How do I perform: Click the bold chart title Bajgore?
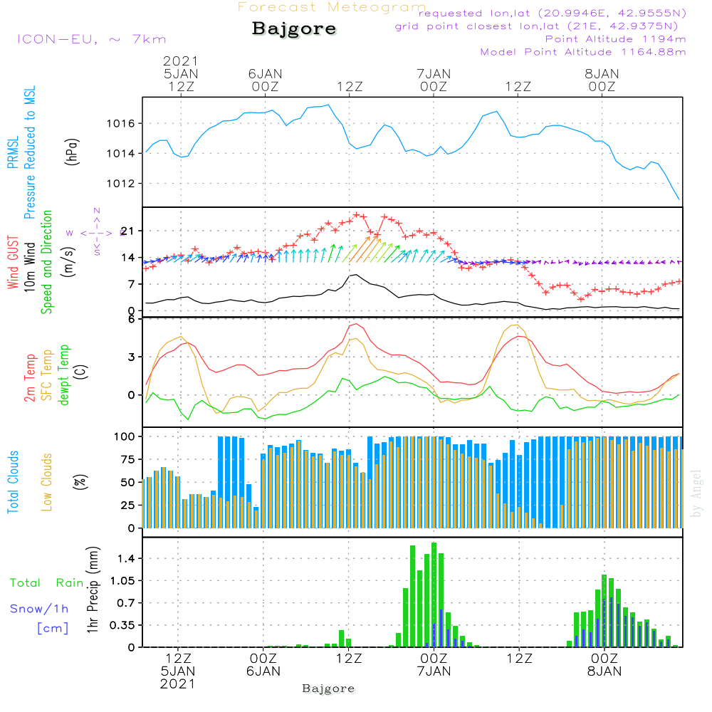point(294,30)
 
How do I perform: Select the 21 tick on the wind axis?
point(127,231)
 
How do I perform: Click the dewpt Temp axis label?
point(65,375)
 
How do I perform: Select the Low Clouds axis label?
point(47,482)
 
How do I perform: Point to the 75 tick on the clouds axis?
point(129,460)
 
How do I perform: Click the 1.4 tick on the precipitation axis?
point(126,558)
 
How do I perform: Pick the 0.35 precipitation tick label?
point(122,625)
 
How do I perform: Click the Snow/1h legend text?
point(40,609)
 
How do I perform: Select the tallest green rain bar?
point(434,594)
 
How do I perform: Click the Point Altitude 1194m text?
point(615,39)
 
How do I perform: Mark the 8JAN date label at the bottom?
point(604,671)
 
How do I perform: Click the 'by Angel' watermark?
point(697,493)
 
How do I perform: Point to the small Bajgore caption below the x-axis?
point(328,689)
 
